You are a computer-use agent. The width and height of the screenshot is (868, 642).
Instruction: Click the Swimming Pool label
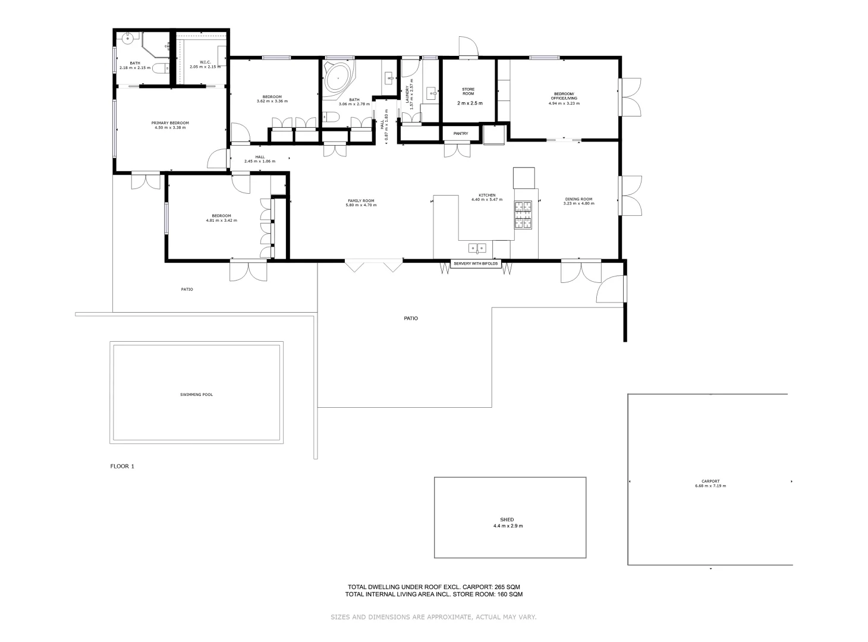(196, 395)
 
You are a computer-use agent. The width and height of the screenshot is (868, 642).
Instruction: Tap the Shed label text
(507, 520)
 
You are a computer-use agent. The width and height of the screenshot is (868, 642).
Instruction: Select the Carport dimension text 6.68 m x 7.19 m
(710, 486)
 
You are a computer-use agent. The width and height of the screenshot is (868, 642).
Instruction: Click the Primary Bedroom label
(170, 123)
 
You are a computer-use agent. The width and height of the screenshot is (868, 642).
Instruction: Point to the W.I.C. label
(205, 62)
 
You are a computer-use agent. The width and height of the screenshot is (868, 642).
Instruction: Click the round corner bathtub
(338, 78)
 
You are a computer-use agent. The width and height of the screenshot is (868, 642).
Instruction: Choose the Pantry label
(461, 134)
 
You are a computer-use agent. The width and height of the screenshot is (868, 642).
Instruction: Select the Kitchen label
(487, 195)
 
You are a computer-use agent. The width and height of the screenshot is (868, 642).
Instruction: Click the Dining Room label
(578, 199)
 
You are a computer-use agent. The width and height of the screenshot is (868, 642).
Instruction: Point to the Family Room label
(361, 200)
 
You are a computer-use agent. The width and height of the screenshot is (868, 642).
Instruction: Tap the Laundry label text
(408, 93)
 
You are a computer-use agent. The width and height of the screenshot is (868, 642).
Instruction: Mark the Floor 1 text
(122, 467)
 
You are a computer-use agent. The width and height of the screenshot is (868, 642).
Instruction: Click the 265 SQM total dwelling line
(433, 587)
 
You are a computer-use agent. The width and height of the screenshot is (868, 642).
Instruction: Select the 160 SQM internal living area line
(433, 594)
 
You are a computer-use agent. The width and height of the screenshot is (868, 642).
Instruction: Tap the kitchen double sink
(477, 247)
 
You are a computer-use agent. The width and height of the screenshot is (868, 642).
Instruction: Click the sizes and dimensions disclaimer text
(433, 617)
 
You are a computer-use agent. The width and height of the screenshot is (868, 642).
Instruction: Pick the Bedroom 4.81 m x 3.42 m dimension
(221, 221)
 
